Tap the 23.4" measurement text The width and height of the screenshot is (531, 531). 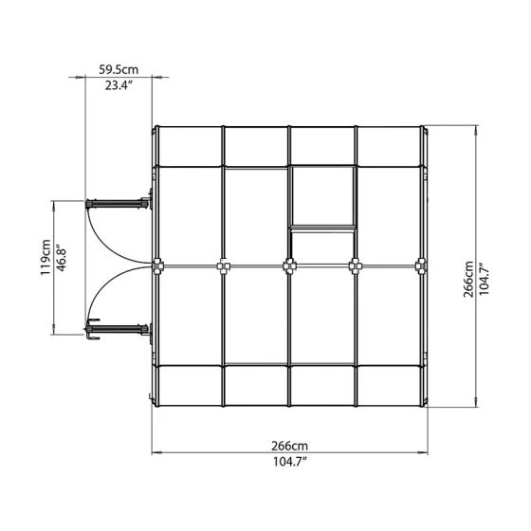coord(119,85)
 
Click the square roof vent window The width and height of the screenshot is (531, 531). coord(321,196)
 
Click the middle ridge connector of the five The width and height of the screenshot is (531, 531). coord(288,266)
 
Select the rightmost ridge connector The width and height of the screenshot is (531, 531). coord(421,266)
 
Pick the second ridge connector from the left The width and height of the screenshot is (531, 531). coord(223,266)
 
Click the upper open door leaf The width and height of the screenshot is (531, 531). coord(119,201)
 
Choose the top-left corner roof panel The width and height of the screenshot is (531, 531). coord(188,144)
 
